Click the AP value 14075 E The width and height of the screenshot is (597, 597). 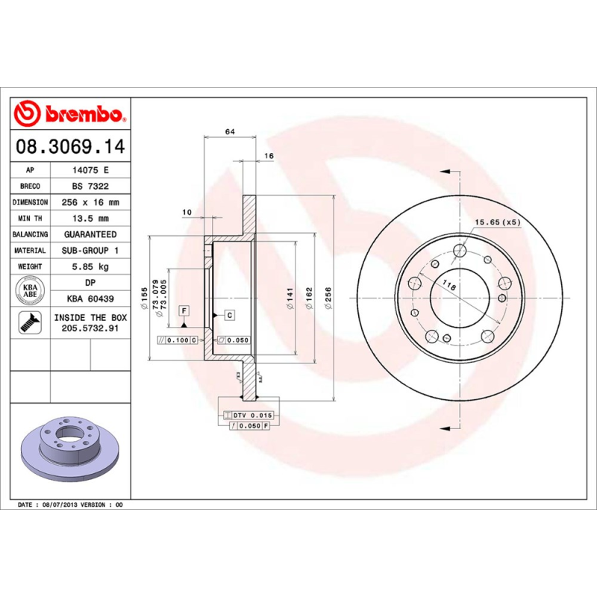coord(90,170)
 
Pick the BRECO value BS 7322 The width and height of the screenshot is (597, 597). coord(90,186)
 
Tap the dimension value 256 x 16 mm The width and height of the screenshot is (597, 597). coord(90,202)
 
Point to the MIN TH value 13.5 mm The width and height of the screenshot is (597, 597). coord(90,219)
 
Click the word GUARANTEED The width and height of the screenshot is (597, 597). coord(90,234)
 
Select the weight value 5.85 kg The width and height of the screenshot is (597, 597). coord(90,266)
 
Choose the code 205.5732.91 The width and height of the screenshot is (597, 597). coord(90,328)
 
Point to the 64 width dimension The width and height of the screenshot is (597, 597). coord(230,131)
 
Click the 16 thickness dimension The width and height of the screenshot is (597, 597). coord(269,156)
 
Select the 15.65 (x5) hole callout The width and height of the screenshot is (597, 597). coord(498,222)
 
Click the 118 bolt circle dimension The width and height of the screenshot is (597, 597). coord(448,284)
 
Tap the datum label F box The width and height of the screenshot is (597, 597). coord(183,310)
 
